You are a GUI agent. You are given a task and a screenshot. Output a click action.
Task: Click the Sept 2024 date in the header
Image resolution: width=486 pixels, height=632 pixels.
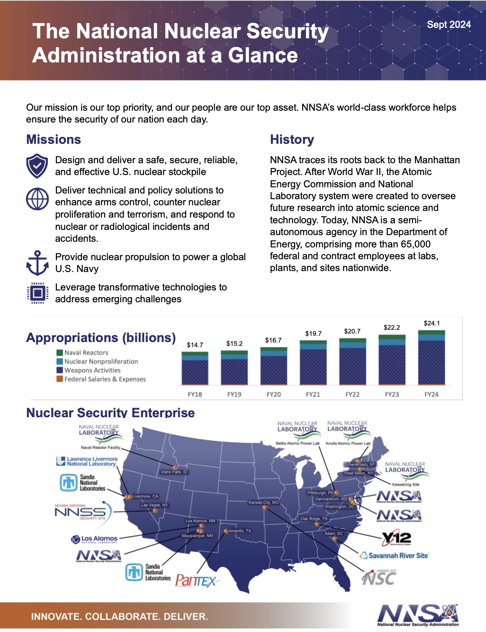pyautogui.click(x=449, y=25)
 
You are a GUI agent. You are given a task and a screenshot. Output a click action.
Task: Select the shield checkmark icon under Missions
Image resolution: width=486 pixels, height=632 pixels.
pyautogui.click(x=37, y=166)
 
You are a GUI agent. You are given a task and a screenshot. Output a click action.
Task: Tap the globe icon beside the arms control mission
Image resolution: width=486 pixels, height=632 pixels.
pyautogui.click(x=37, y=199)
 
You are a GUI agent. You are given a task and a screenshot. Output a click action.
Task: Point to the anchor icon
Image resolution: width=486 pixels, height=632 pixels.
pyautogui.click(x=37, y=263)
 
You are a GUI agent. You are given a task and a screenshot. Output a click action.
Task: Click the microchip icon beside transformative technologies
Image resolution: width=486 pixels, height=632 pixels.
pyautogui.click(x=37, y=293)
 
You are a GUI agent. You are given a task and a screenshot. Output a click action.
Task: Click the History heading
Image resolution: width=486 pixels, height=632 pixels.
pyautogui.click(x=292, y=140)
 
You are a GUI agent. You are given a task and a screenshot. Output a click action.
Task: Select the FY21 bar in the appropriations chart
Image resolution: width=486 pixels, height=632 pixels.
pyautogui.click(x=313, y=362)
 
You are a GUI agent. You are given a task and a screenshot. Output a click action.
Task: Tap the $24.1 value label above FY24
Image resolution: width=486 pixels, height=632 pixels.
pyautogui.click(x=432, y=324)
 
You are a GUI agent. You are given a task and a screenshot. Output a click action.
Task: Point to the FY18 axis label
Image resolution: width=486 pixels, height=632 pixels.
pyautogui.click(x=195, y=395)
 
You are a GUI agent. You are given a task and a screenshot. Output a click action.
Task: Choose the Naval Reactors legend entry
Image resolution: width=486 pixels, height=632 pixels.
pyautogui.click(x=86, y=353)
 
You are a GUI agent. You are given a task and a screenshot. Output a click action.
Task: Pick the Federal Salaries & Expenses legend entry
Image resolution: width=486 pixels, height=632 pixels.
pyautogui.click(x=105, y=379)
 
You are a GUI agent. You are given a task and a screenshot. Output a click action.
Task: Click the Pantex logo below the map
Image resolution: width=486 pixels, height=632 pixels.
pyautogui.click(x=196, y=580)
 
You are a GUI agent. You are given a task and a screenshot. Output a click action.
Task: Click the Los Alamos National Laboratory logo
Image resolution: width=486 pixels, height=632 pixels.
pyautogui.click(x=94, y=539)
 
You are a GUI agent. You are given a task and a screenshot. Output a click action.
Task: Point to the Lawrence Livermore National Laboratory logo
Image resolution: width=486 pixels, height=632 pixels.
pyautogui.click(x=87, y=461)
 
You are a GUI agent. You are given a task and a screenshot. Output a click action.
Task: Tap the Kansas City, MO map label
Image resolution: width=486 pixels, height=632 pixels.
pyautogui.click(x=263, y=502)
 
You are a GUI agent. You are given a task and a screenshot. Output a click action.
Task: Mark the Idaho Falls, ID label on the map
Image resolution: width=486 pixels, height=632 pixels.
pyautogui.click(x=174, y=472)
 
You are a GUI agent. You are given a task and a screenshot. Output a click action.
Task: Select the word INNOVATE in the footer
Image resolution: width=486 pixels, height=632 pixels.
pyautogui.click(x=54, y=617)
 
